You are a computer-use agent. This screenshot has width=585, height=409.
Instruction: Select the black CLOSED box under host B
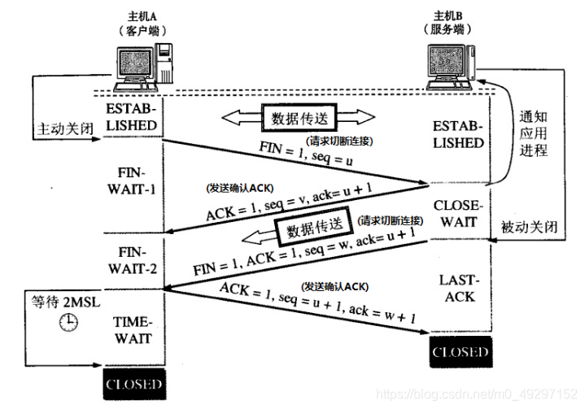(461, 352)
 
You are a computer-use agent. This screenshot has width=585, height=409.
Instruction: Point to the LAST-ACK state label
(460, 288)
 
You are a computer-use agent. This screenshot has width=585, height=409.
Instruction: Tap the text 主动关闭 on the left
(62, 129)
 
